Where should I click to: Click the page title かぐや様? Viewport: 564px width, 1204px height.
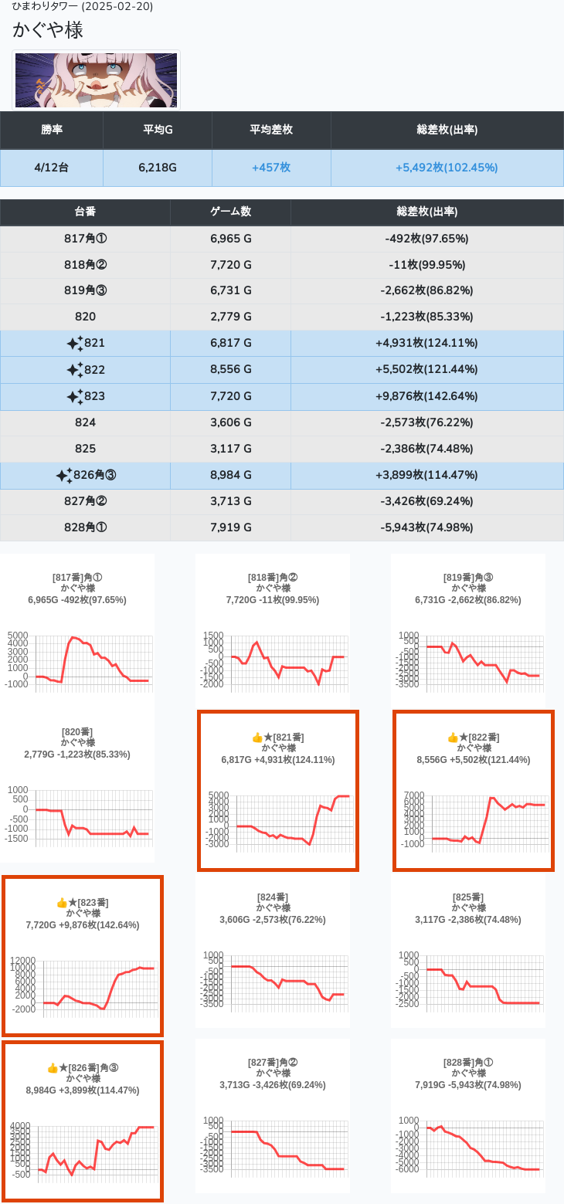(x=48, y=30)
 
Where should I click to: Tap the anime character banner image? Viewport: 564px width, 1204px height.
(x=97, y=80)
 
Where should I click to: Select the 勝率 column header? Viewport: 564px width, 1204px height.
(x=52, y=130)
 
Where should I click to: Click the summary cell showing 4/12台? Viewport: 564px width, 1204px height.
(x=52, y=168)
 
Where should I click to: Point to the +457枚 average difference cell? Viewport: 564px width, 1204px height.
(x=271, y=168)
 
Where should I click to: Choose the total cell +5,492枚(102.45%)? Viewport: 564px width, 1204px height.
(x=447, y=168)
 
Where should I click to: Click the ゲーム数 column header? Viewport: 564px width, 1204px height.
(x=230, y=212)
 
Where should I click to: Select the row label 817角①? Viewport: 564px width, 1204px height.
(x=85, y=239)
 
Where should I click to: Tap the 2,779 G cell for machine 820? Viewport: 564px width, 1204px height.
(x=230, y=317)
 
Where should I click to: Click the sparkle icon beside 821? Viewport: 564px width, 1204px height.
(x=75, y=344)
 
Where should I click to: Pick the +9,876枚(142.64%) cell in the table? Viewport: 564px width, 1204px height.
(x=426, y=396)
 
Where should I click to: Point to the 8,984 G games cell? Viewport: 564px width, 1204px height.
(x=230, y=475)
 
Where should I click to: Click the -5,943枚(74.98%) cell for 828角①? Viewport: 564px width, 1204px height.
(x=426, y=527)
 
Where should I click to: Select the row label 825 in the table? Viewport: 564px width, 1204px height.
(x=85, y=449)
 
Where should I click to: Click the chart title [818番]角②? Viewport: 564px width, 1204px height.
(x=273, y=578)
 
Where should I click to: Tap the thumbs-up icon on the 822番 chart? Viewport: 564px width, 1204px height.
(x=453, y=738)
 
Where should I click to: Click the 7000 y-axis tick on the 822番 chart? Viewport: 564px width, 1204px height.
(x=414, y=795)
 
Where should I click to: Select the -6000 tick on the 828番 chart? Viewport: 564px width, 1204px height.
(x=410, y=1168)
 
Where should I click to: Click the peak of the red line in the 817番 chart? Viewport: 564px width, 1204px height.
(x=73, y=637)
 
